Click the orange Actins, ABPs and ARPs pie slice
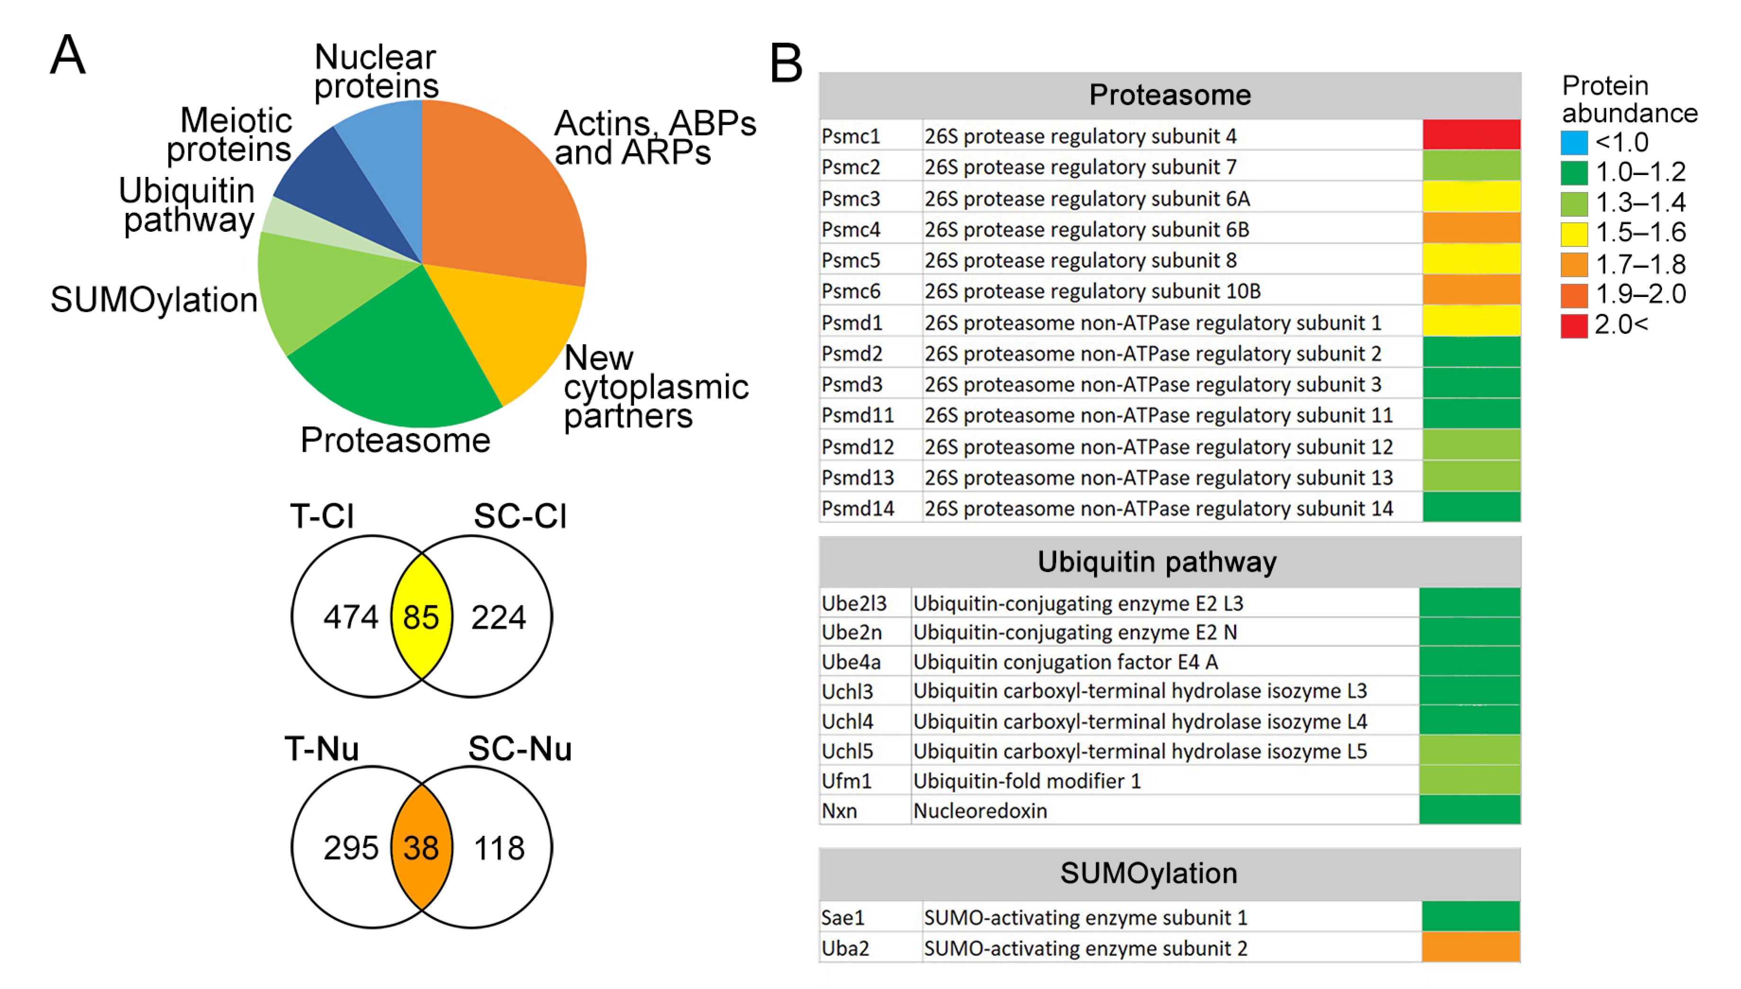pos(496,197)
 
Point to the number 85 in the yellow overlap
pos(421,617)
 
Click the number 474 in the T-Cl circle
pos(350,617)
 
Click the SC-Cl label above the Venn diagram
pos(520,516)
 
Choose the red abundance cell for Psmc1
pos(1471,135)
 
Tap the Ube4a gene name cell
pos(851,662)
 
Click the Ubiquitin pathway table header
pos(1157,562)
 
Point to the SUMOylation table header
pos(1149,874)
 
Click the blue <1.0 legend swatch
pos(1574,143)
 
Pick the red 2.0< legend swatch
pos(1574,325)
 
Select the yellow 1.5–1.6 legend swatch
pos(1574,234)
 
